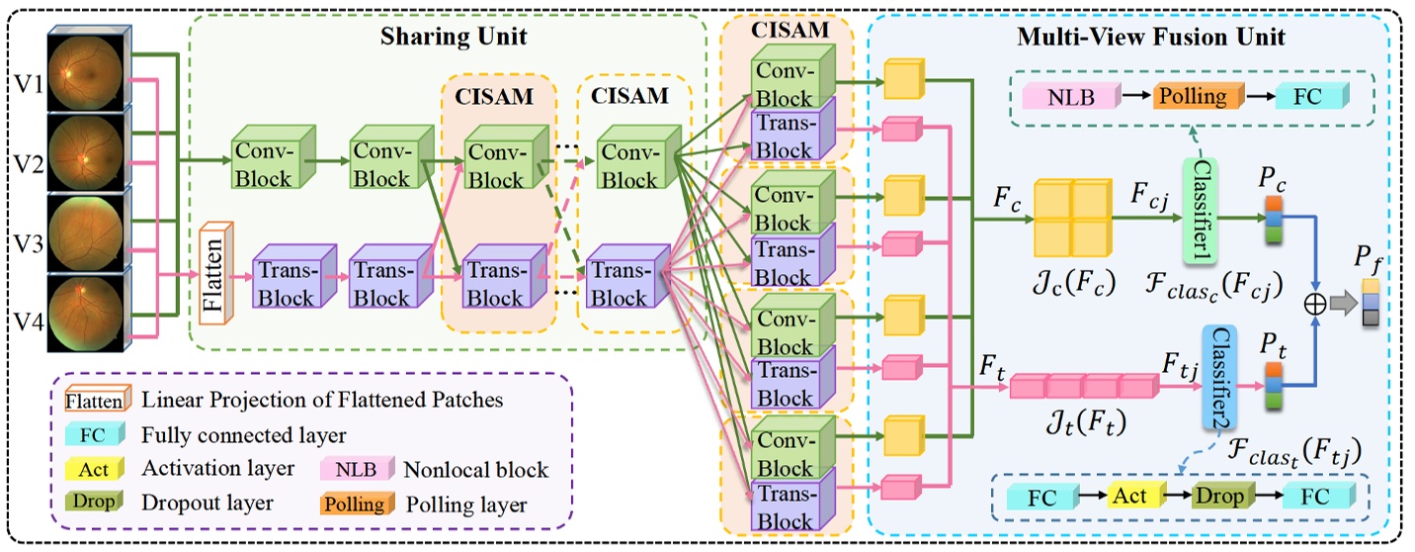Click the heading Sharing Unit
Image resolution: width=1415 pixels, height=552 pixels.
pyautogui.click(x=454, y=38)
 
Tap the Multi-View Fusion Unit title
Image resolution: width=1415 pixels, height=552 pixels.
pyautogui.click(x=1152, y=38)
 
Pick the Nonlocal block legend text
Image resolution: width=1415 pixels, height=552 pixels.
pyautogui.click(x=474, y=468)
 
